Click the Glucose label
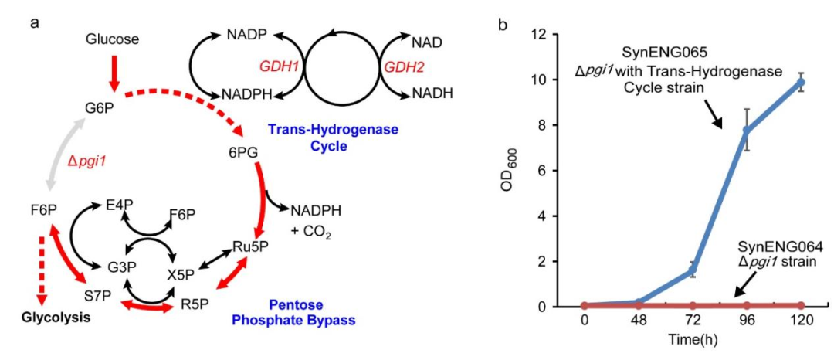[114, 39]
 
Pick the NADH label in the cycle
[432, 94]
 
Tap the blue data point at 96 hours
[747, 130]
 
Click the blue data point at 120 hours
[801, 82]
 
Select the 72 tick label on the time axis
[693, 321]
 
